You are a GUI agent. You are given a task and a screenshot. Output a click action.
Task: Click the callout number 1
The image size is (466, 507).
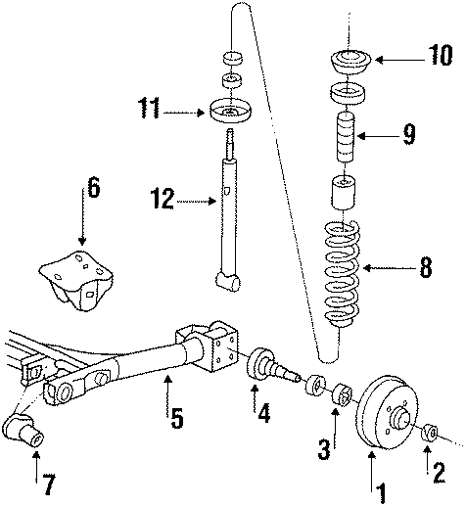tap(372, 485)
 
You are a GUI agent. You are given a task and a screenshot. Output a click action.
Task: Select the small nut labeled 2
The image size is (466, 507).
tap(429, 432)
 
